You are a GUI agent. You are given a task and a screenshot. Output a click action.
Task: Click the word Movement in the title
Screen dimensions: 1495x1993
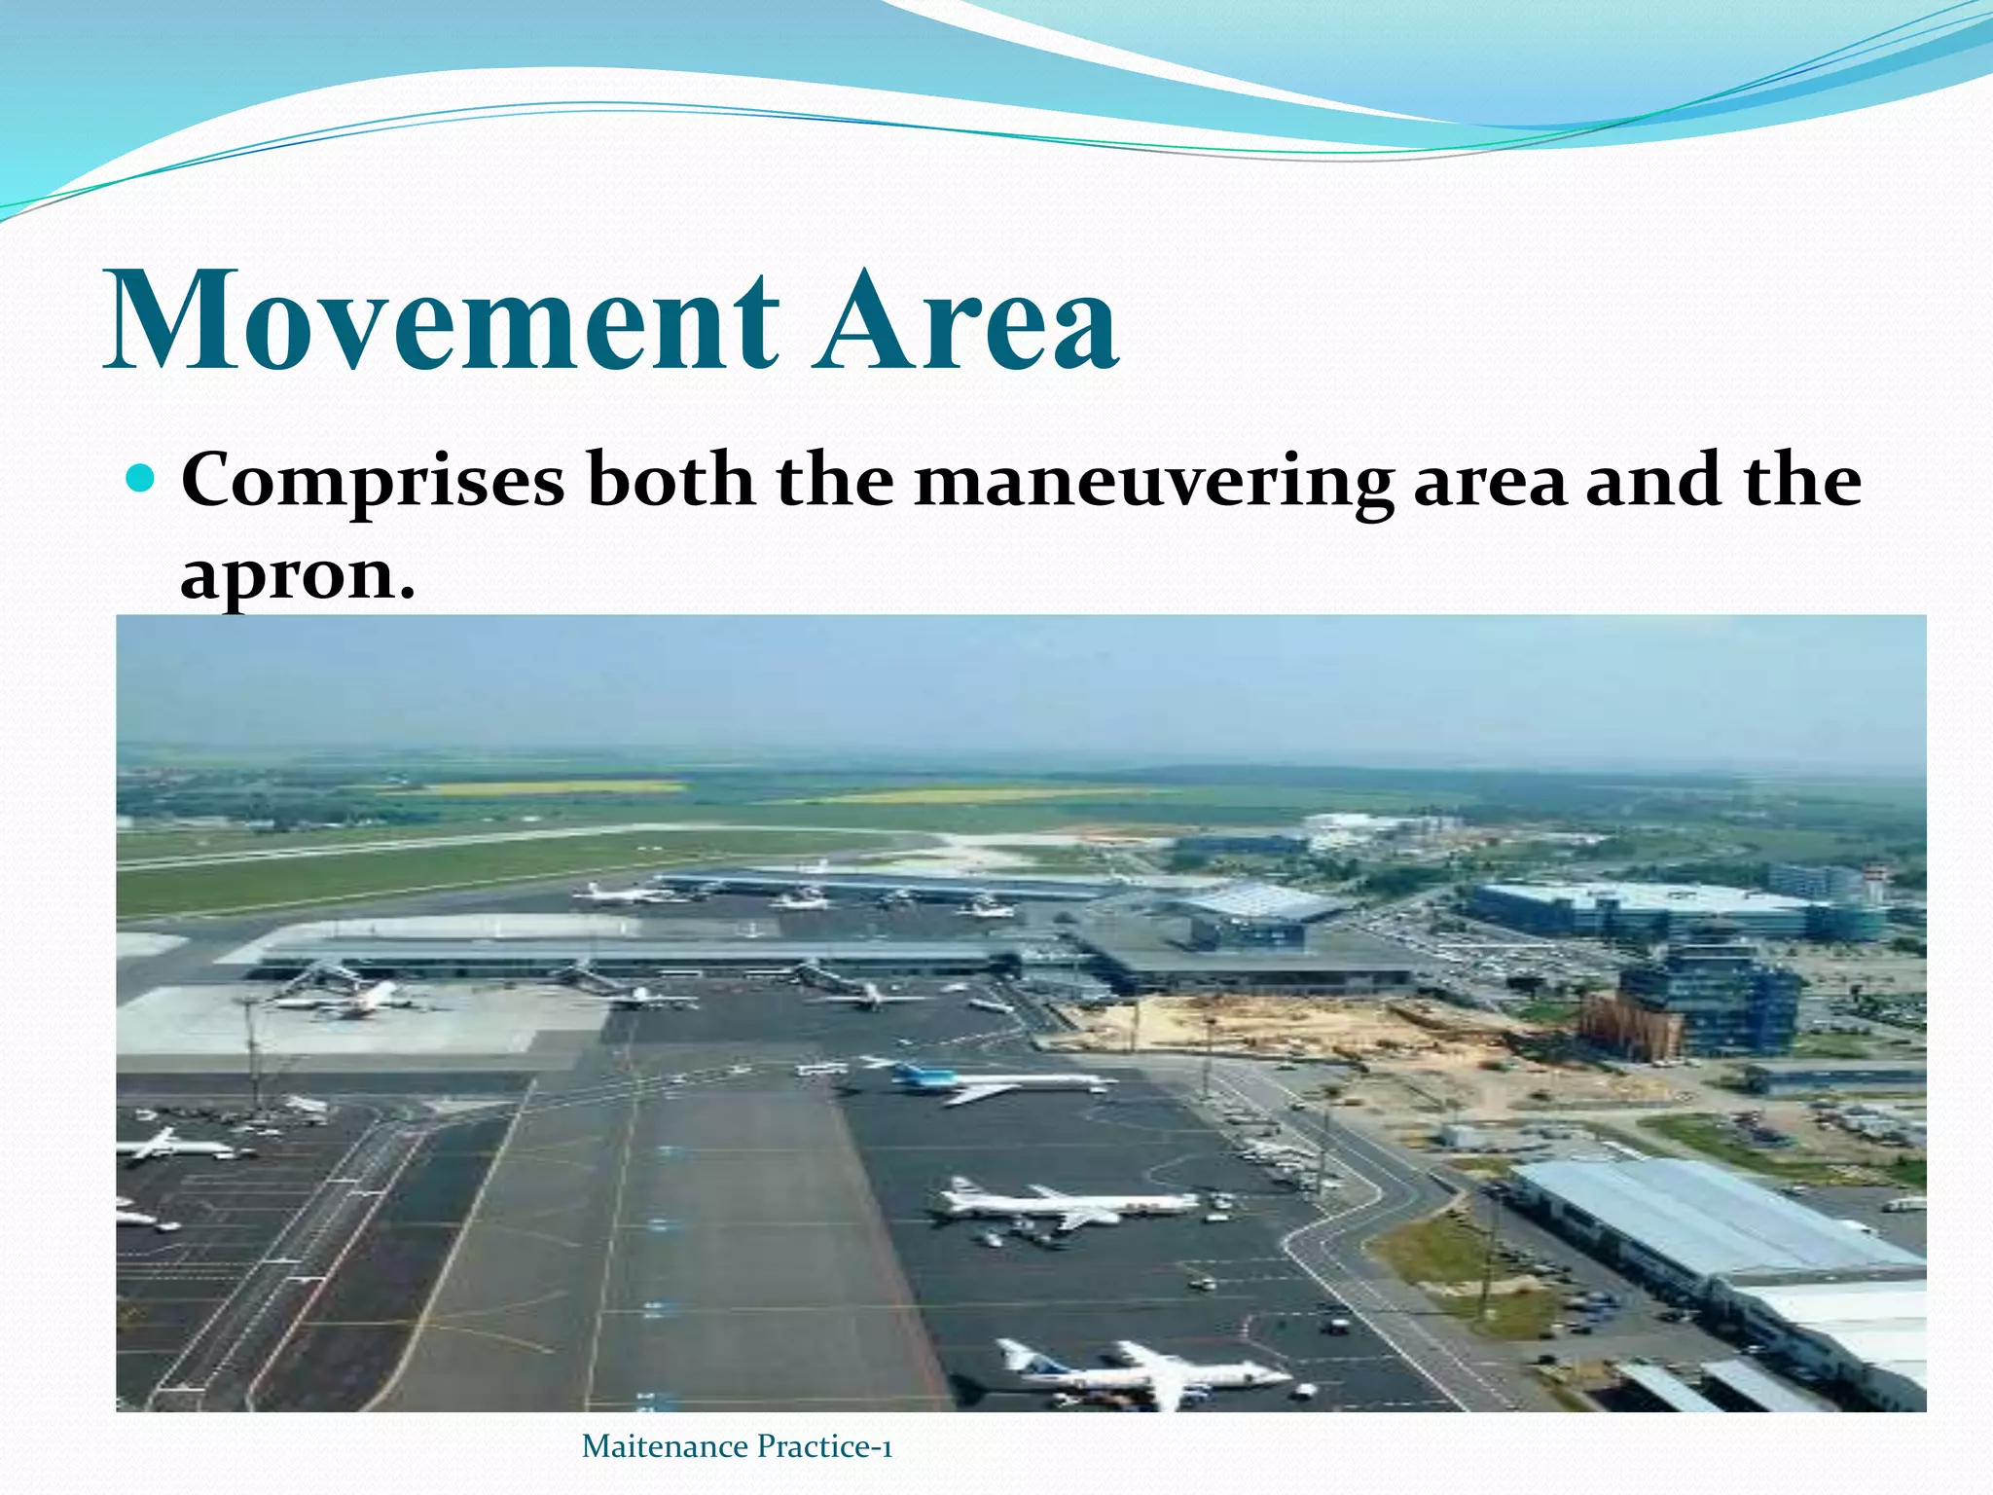[443, 321]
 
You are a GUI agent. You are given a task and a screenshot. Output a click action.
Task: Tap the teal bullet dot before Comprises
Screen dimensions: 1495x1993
[142, 478]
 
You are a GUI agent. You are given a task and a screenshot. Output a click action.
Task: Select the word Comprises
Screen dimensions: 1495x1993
[373, 482]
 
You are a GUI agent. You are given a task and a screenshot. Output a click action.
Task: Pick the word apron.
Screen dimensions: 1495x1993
[297, 576]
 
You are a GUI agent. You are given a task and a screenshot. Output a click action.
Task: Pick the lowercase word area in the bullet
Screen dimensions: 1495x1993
[1490, 482]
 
